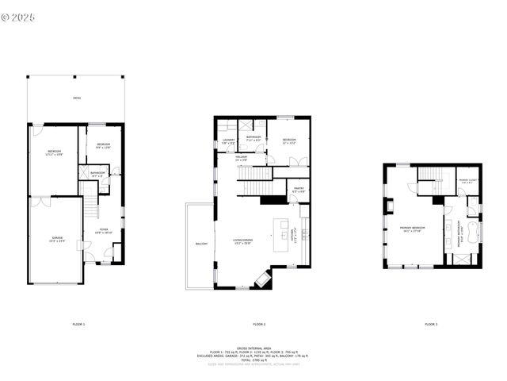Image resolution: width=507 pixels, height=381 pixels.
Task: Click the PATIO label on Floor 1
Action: [77, 98]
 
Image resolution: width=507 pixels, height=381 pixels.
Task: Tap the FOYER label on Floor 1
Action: [104, 232]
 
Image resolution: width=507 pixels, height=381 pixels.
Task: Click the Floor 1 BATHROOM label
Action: [97, 173]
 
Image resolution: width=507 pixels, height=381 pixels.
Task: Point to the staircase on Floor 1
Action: [90, 205]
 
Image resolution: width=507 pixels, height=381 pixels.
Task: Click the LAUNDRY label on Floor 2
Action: [227, 142]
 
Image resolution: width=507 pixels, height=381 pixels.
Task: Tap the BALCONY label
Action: [201, 244]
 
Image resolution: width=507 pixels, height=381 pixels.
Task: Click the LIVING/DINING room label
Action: [242, 242]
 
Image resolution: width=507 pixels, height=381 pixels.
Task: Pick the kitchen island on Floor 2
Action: [280, 236]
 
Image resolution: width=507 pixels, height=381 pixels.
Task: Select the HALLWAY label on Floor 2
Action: [241, 159]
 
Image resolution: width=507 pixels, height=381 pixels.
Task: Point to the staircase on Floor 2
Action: [255, 187]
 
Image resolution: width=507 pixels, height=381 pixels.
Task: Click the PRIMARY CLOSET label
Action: [467, 182]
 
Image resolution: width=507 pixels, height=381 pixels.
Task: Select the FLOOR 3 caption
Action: [430, 324]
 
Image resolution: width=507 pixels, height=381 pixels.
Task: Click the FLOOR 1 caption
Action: [78, 324]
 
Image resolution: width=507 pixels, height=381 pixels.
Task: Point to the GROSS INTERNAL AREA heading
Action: [253, 348]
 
